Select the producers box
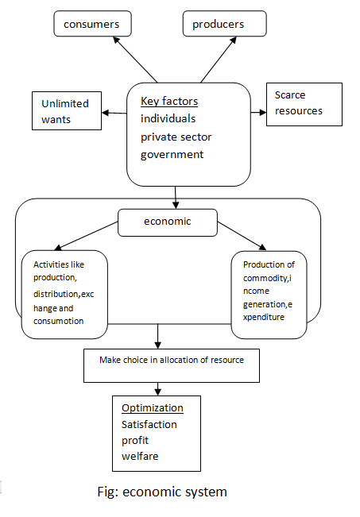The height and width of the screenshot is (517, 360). [x=218, y=24]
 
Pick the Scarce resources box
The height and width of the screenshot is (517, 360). [x=304, y=104]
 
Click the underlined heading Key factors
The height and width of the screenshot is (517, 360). [x=169, y=102]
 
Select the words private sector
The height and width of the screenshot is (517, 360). [x=176, y=137]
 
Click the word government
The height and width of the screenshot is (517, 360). [x=172, y=154]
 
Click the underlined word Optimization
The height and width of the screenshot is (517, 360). [x=152, y=408]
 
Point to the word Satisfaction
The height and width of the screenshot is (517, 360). [x=149, y=424]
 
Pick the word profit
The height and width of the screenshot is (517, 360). [x=135, y=440]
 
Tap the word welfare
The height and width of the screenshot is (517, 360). [x=140, y=456]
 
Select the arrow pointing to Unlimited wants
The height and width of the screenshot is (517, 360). [x=114, y=113]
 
